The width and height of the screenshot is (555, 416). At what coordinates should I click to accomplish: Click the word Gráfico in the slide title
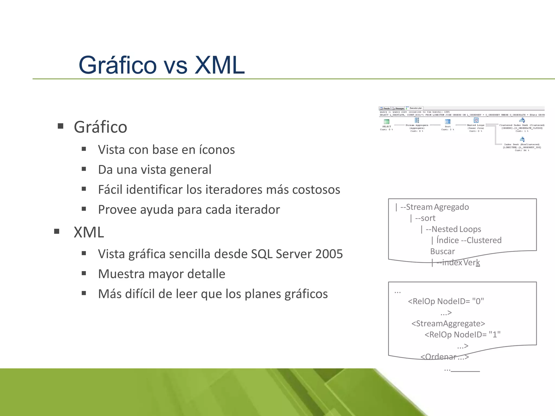click(118, 66)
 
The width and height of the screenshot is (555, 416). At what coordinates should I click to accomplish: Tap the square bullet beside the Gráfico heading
click(60, 126)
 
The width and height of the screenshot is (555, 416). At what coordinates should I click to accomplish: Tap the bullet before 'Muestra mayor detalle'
click(84, 273)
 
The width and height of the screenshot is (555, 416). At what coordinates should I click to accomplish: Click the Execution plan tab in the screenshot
click(414, 108)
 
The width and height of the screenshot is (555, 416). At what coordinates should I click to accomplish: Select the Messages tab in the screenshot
click(398, 108)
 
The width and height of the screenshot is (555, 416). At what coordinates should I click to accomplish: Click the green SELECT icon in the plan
click(387, 122)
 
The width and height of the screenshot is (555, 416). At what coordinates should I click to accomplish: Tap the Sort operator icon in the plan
click(448, 122)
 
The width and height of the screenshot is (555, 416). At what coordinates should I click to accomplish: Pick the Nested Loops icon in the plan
click(476, 120)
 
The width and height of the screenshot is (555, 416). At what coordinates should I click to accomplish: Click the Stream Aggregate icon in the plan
click(417, 120)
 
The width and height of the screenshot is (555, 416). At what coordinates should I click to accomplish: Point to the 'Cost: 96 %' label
click(522, 150)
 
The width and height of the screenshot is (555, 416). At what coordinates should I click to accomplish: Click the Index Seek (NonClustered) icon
click(522, 139)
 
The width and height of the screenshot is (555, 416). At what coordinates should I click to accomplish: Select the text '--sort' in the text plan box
click(425, 218)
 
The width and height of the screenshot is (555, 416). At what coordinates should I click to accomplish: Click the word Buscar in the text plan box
click(443, 251)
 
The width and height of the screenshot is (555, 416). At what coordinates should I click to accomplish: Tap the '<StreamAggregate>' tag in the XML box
click(448, 323)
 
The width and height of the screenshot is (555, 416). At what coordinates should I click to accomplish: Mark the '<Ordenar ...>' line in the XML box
click(444, 357)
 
